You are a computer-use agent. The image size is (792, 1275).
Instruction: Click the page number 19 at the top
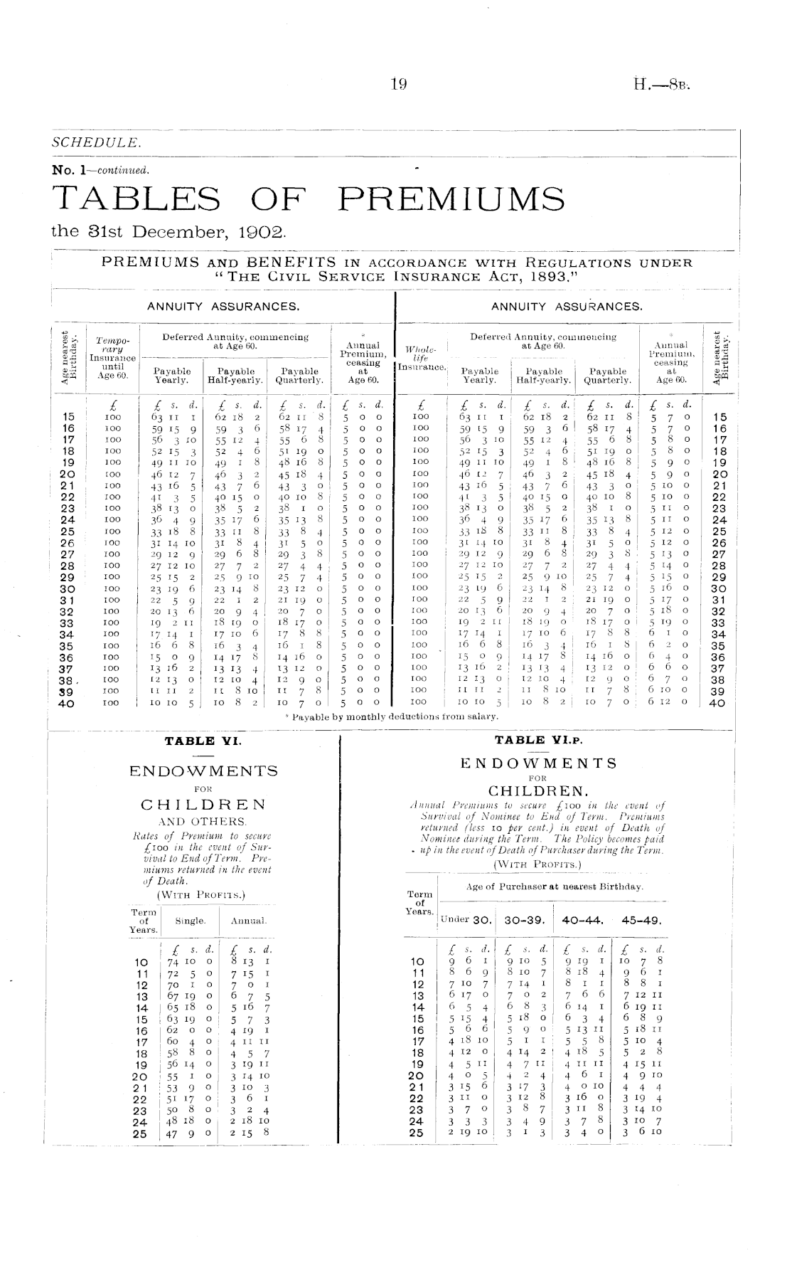(397, 85)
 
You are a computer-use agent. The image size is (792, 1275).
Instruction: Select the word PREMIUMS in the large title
(452, 199)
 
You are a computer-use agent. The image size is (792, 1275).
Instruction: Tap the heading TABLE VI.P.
(538, 740)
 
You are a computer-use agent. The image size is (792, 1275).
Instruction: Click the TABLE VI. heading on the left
(203, 741)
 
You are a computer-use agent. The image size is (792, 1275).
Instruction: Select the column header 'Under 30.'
(466, 919)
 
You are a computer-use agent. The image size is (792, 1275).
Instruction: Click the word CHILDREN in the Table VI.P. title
(539, 790)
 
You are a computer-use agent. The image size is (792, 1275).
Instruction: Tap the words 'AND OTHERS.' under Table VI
(203, 821)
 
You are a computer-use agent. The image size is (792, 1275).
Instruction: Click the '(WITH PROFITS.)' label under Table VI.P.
(537, 864)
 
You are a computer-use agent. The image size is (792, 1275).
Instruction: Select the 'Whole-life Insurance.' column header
(421, 358)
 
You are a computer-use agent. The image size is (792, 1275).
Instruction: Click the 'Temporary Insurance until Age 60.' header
(112, 357)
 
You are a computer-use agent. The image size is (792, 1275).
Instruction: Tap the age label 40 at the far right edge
(718, 703)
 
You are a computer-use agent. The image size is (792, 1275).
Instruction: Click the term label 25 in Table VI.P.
(417, 1133)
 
